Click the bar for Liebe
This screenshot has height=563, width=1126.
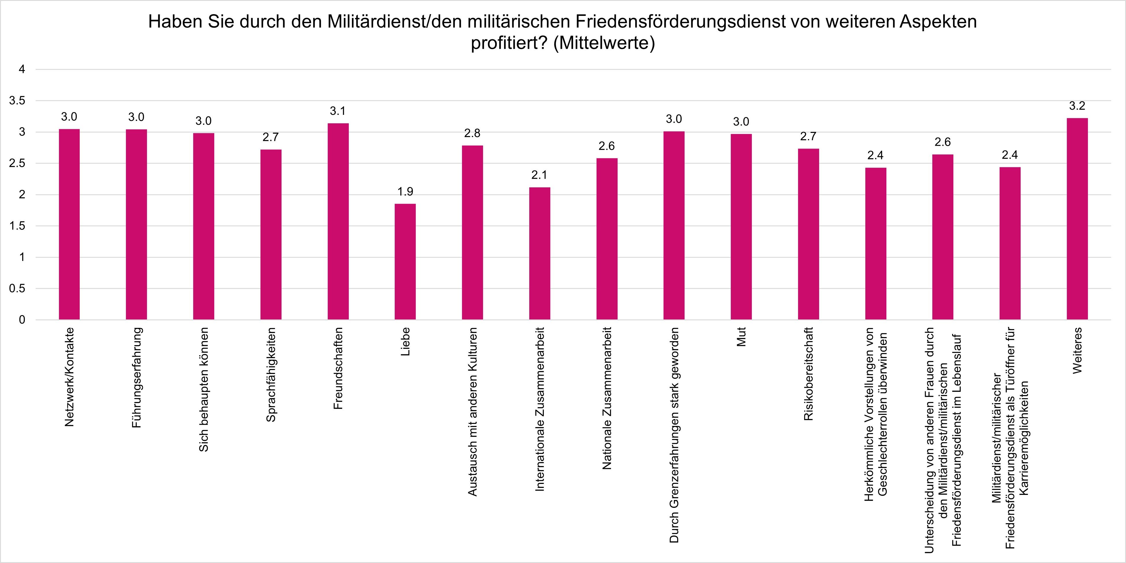[405, 262]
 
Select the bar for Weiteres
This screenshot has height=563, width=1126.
[1077, 219]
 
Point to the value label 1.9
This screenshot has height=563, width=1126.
[405, 192]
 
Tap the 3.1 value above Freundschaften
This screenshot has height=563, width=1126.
[338, 111]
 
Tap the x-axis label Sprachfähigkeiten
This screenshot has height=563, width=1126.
[271, 375]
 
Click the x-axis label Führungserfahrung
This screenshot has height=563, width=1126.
[136, 377]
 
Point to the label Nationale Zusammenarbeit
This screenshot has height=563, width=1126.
[607, 398]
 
